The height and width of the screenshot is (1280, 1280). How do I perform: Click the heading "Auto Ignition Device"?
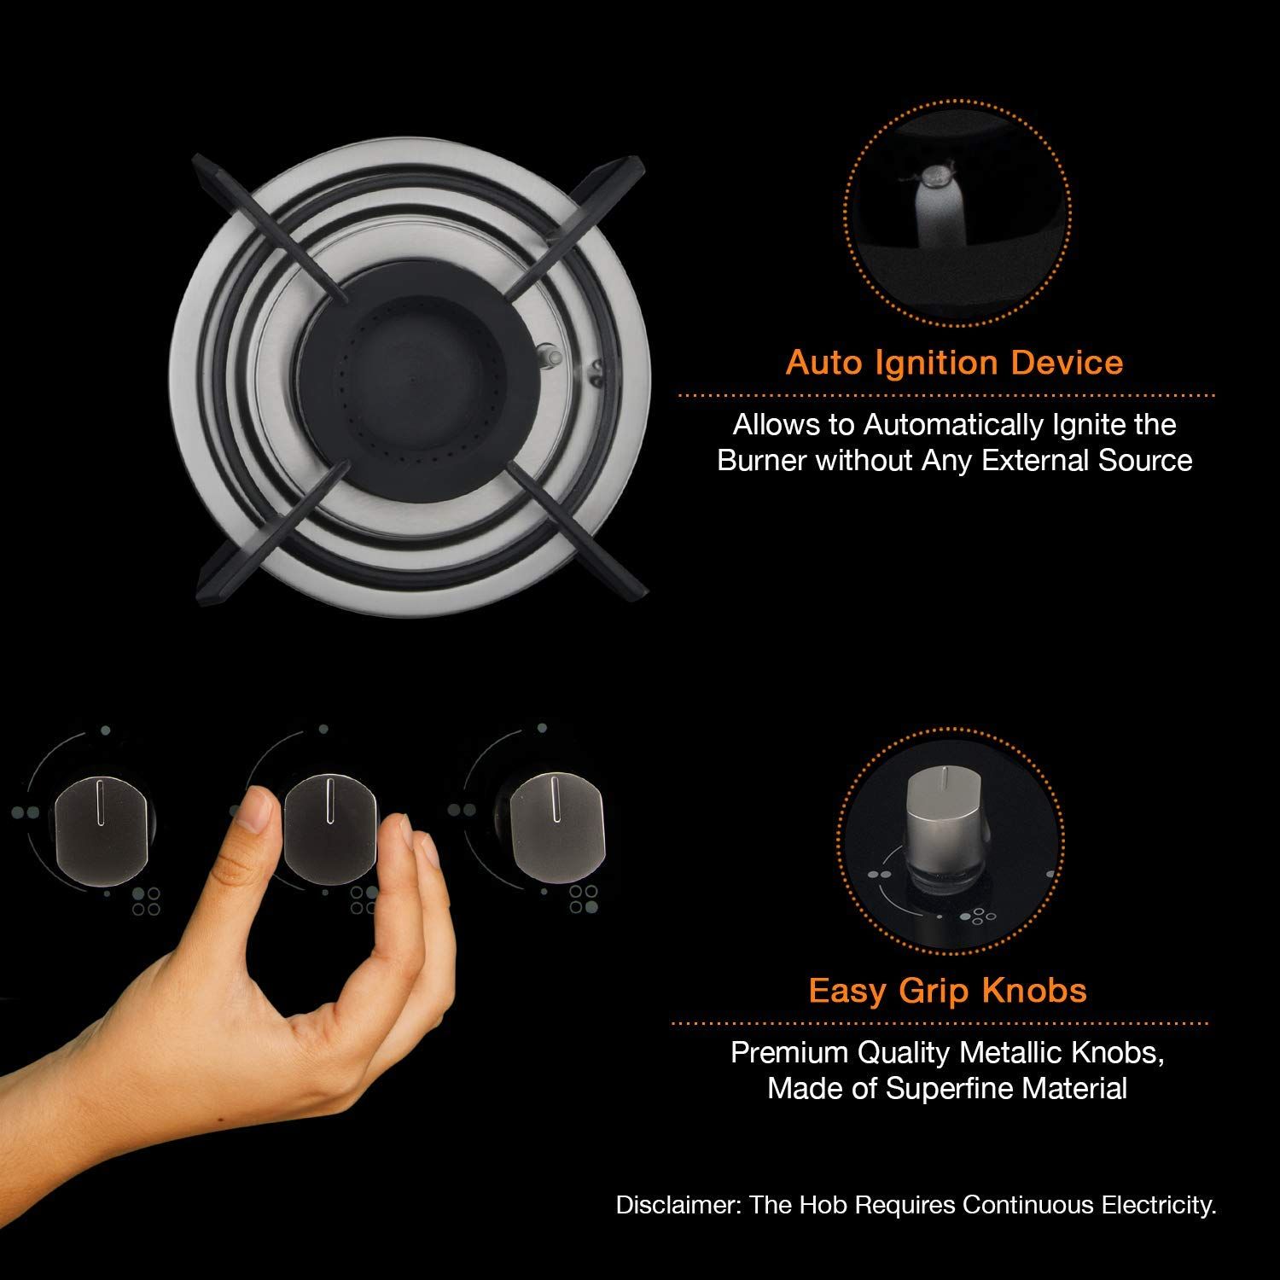954,363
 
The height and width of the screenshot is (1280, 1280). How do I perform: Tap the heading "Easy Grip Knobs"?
947,991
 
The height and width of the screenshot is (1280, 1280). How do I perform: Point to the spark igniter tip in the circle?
933,177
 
